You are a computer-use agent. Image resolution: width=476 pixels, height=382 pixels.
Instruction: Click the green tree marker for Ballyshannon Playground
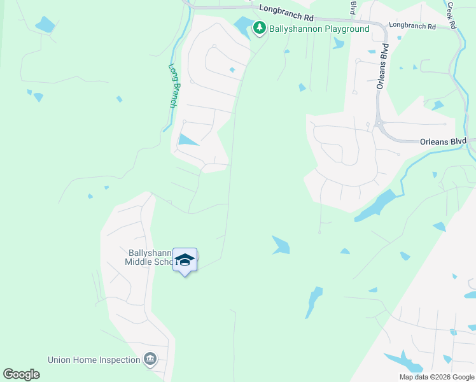click(259, 28)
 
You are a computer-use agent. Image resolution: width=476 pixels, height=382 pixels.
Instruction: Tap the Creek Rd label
click(452, 14)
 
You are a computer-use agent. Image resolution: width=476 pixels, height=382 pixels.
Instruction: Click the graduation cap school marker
click(185, 260)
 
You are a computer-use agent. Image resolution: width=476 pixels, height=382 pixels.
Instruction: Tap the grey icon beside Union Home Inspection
click(150, 360)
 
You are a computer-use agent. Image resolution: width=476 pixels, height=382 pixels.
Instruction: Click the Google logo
click(21, 374)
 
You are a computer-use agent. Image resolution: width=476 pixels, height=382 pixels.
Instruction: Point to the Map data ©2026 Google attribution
click(436, 377)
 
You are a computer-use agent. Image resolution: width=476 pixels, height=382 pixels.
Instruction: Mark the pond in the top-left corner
click(45, 25)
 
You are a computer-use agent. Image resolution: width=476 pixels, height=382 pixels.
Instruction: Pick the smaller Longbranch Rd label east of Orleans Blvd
click(412, 26)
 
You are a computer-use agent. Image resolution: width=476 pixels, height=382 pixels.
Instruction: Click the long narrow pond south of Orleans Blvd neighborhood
click(376, 206)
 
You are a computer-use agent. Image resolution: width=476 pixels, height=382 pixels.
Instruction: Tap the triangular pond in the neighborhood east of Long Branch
click(186, 140)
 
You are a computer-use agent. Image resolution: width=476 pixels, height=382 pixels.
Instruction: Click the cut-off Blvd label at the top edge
click(353, 6)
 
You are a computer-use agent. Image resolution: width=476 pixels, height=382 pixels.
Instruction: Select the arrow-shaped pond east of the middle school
click(281, 244)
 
